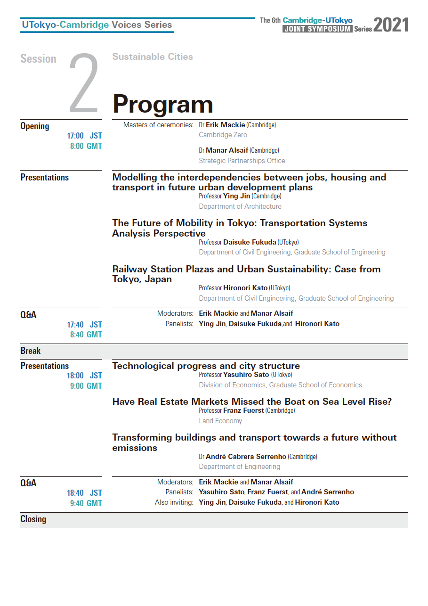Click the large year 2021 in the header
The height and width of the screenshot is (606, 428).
391,25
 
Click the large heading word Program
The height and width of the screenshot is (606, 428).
162,105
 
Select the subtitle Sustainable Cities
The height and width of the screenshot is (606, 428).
153,57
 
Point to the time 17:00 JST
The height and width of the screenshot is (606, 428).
84,136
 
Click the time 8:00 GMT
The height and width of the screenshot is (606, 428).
86,146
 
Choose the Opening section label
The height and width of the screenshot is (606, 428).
35,126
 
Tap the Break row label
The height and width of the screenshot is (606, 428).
31,351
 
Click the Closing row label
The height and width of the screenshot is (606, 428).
33,519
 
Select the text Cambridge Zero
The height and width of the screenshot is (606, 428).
223,135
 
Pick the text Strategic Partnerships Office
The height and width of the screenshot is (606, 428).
242,161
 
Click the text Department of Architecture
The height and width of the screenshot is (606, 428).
240,206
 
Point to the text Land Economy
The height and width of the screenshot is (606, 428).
220,421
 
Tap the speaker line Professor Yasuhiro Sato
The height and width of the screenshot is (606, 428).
245,375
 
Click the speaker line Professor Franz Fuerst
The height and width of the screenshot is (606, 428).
247,411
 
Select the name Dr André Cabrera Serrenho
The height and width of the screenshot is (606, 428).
258,457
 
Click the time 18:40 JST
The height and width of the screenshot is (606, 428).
84,493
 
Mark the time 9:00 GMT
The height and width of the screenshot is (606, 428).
86,386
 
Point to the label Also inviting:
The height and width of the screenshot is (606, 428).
174,502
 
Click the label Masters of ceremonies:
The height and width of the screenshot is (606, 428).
158,125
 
